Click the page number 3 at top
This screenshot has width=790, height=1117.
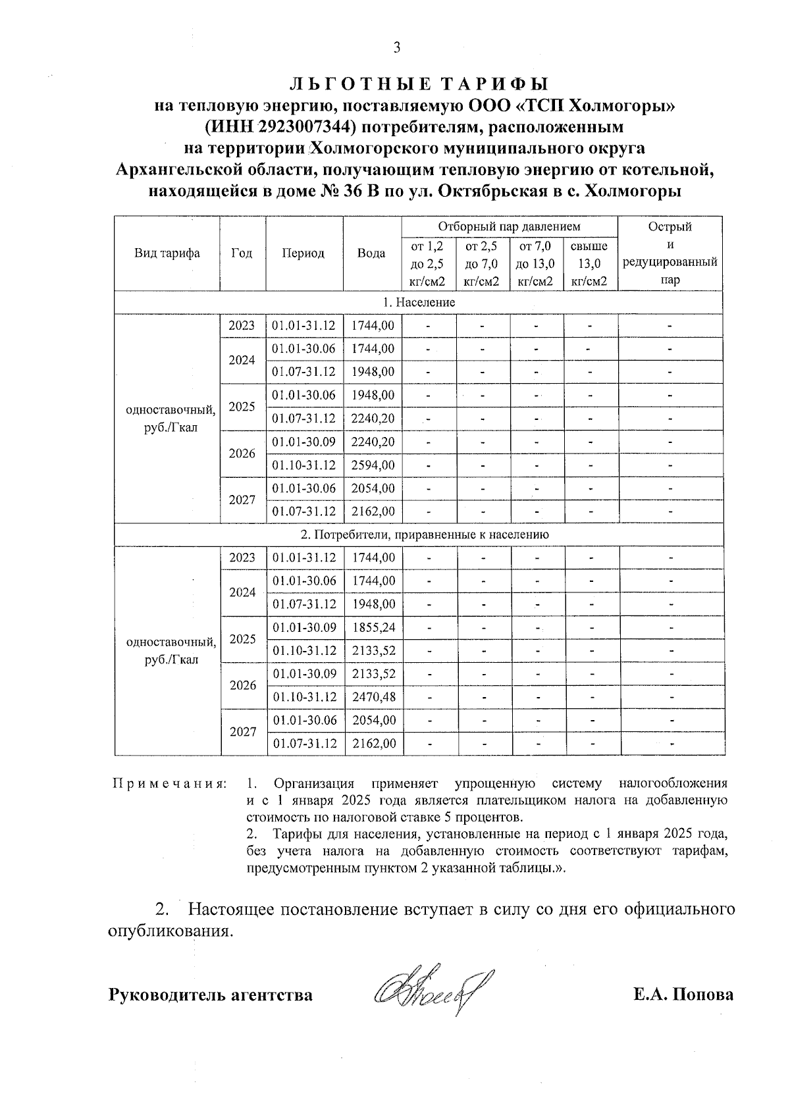pyautogui.click(x=396, y=47)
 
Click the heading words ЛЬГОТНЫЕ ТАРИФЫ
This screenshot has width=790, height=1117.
pyautogui.click(x=419, y=84)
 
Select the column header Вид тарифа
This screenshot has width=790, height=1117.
pyautogui.click(x=167, y=253)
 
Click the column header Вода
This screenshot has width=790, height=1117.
pyautogui.click(x=371, y=253)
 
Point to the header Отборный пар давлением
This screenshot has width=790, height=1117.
pyautogui.click(x=509, y=226)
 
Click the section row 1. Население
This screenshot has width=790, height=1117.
pyautogui.click(x=419, y=302)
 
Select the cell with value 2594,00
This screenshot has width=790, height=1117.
pyautogui.click(x=373, y=465)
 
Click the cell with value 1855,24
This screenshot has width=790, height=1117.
pyautogui.click(x=373, y=627)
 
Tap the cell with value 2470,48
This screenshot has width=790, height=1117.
pyautogui.click(x=373, y=697)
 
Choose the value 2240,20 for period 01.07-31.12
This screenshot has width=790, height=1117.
pyautogui.click(x=373, y=419)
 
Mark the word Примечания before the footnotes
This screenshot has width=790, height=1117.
pyautogui.click(x=169, y=783)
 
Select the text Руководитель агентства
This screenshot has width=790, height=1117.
pyautogui.click(x=210, y=995)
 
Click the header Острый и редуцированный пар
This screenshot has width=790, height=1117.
pyautogui.click(x=670, y=253)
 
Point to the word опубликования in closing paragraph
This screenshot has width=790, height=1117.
pyautogui.click(x=171, y=932)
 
